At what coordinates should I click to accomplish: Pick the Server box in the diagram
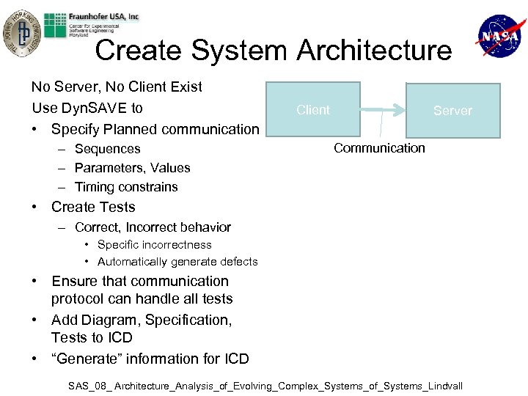tap(452, 111)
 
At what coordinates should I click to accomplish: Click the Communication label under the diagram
tap(379, 148)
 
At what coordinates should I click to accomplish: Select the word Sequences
tap(107, 149)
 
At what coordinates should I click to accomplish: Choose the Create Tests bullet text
tap(93, 207)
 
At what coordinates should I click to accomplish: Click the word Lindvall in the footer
tap(443, 386)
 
